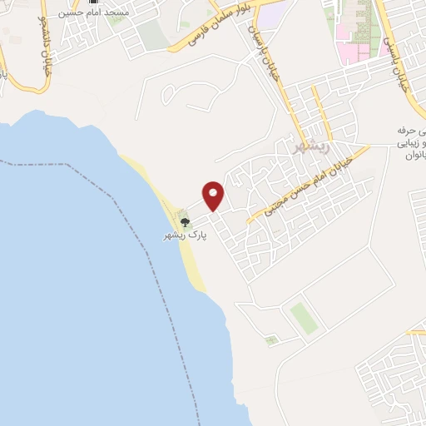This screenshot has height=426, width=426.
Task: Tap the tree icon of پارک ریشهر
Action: click(x=185, y=222)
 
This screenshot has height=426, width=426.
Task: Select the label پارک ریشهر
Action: click(x=185, y=236)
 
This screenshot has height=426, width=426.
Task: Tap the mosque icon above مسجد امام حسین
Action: click(x=92, y=2)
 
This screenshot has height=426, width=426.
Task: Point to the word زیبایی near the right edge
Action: click(x=410, y=142)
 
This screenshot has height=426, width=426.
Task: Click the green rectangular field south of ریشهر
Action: click(x=304, y=318)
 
